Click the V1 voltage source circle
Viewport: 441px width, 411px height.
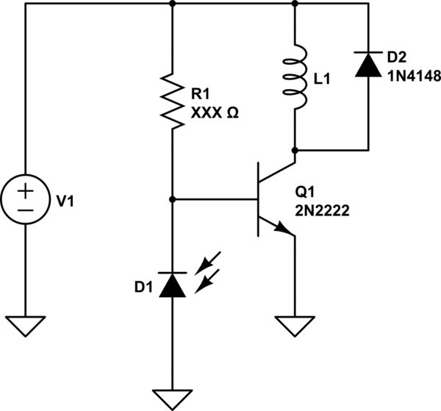click(x=26, y=199)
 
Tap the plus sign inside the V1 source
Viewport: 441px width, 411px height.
click(x=26, y=190)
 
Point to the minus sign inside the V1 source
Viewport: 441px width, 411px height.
click(x=26, y=210)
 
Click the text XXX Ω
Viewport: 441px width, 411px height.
click(x=214, y=113)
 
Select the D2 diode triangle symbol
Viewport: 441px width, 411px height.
click(x=365, y=65)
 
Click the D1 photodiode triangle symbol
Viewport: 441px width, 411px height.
click(x=172, y=285)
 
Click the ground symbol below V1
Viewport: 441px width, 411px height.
click(x=26, y=325)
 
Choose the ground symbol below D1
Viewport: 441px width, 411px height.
click(x=172, y=398)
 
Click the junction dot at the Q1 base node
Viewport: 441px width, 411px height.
click(x=172, y=199)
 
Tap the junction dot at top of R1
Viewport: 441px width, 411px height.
click(x=172, y=4)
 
